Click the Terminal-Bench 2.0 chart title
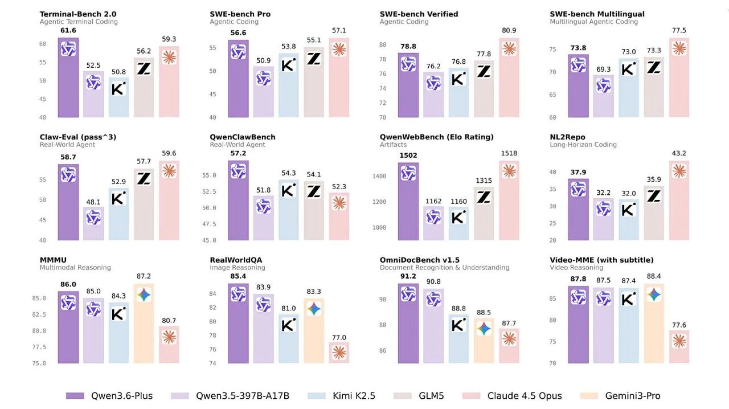pyautogui.click(x=77, y=14)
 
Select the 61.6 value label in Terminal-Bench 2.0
pyautogui.click(x=68, y=30)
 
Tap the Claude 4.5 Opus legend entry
pyautogui.click(x=525, y=396)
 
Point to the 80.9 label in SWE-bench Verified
pyautogui.click(x=509, y=30)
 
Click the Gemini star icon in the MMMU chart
pyautogui.click(x=144, y=295)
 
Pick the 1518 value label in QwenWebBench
pyautogui.click(x=509, y=153)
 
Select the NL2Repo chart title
pyautogui.click(x=568, y=137)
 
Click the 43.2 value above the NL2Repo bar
pyautogui.click(x=679, y=153)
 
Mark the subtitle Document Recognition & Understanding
pyautogui.click(x=444, y=268)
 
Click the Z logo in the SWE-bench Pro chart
pyautogui.click(x=314, y=58)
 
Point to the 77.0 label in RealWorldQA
pyautogui.click(x=339, y=337)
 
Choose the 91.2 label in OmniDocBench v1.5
pyautogui.click(x=408, y=276)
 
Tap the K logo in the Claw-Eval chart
pyautogui.click(x=118, y=198)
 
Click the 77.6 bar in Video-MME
pyautogui.click(x=679, y=347)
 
